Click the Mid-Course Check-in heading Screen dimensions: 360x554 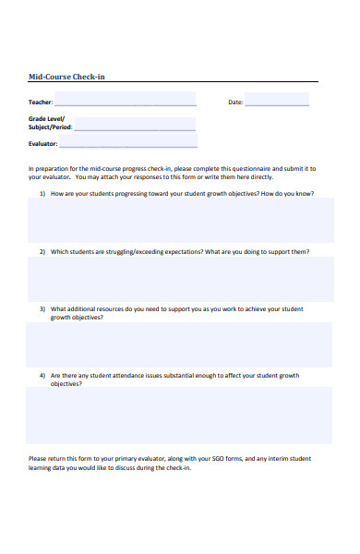(66, 77)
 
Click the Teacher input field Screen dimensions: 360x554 (125, 99)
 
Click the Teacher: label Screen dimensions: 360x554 (41, 102)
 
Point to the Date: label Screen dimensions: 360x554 (235, 102)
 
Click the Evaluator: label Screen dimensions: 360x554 (43, 144)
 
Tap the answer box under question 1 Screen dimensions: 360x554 (181, 221)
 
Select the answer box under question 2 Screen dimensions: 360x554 (181, 280)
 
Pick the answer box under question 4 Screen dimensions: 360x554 (181, 415)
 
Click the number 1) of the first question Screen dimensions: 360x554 (42, 194)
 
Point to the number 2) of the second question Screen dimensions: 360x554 (42, 251)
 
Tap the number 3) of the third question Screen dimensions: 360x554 (42, 308)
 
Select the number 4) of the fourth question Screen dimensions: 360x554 (42, 376)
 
